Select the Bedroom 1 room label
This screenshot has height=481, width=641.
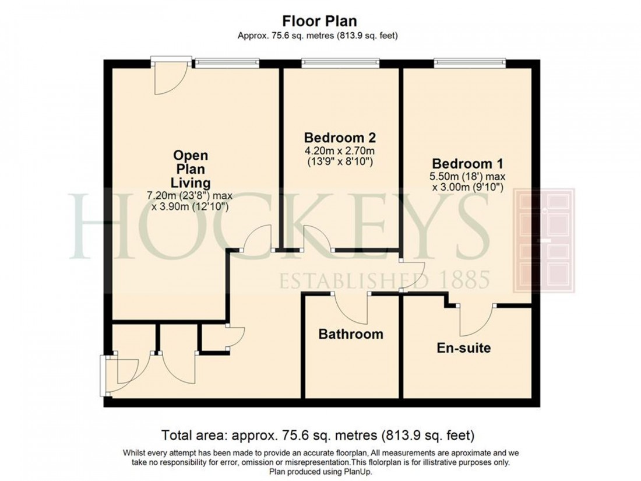(x=467, y=163)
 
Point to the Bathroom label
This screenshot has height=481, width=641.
(x=350, y=334)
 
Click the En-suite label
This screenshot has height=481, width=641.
(x=464, y=348)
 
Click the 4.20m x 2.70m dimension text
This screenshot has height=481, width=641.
(x=340, y=150)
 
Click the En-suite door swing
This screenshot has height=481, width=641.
(x=477, y=320)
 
